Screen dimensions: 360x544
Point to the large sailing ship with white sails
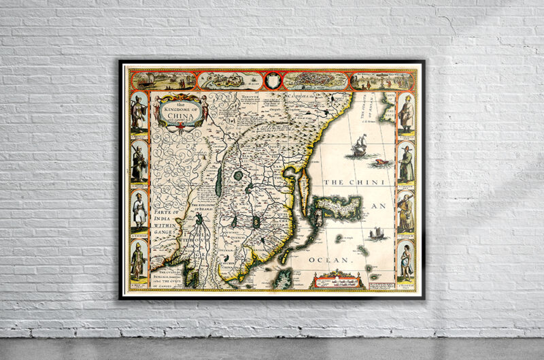[358, 146]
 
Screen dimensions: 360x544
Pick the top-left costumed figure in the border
[138, 112]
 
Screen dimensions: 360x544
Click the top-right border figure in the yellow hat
[406, 113]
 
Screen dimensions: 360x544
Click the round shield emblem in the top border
[272, 80]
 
